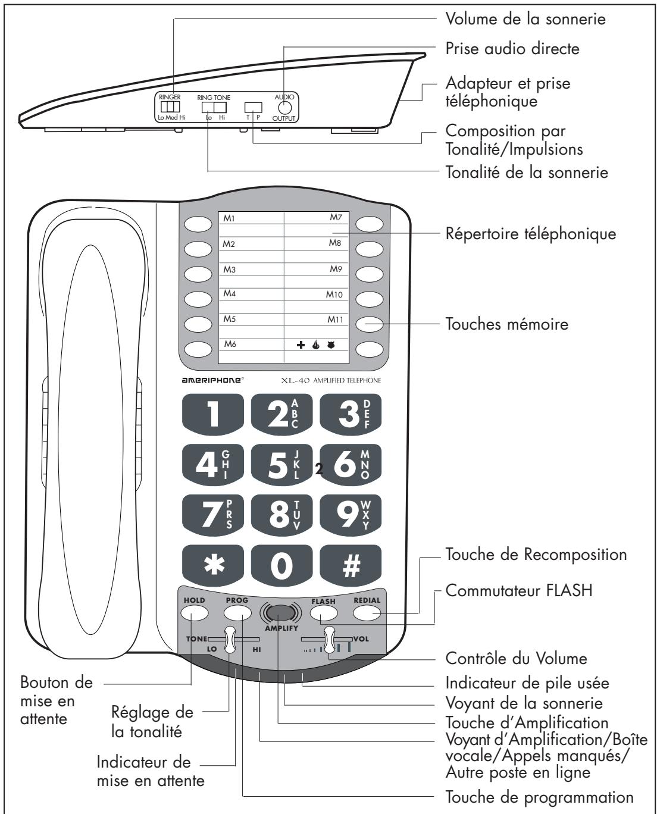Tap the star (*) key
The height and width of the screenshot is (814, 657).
[x=214, y=565]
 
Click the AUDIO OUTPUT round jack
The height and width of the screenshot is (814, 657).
[x=284, y=108]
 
